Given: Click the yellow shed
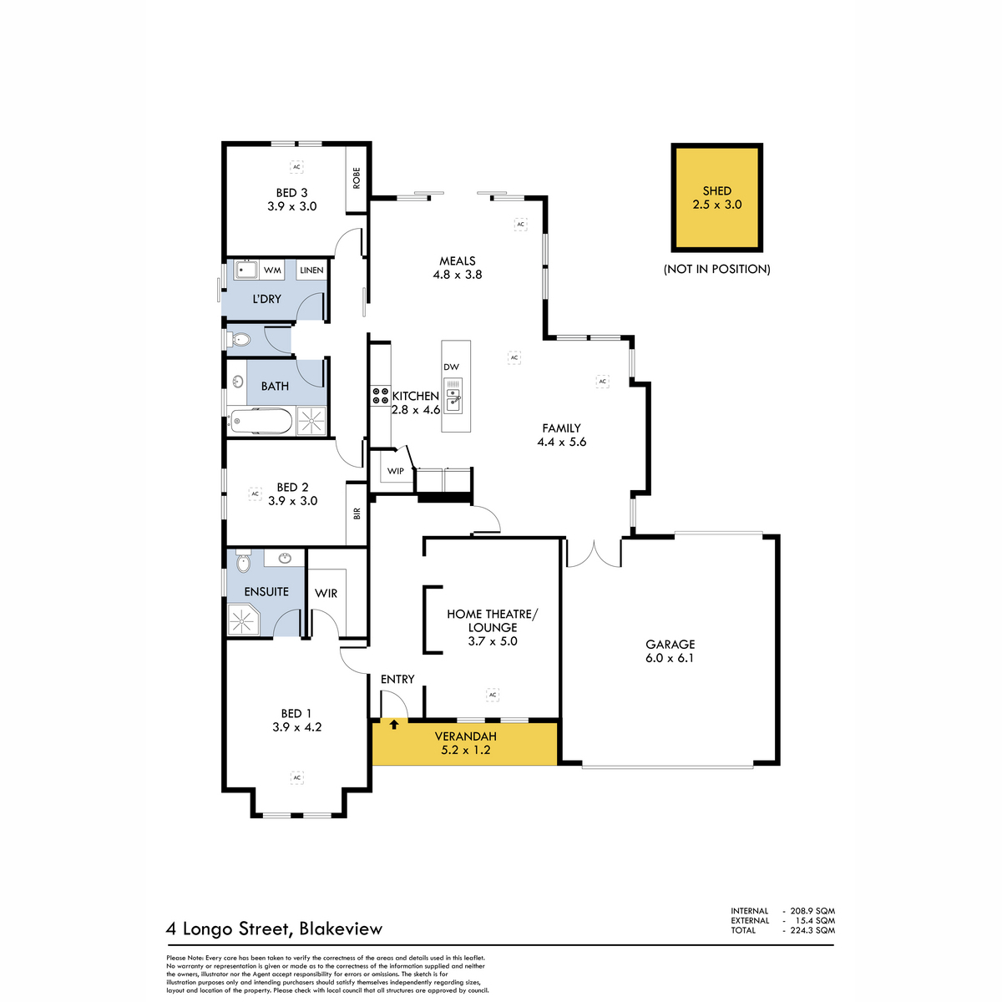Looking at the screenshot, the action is tap(716, 198).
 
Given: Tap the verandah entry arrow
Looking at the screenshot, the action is tap(393, 724).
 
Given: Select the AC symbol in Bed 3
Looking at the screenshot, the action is tap(296, 167).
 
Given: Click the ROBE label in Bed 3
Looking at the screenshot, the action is tap(357, 178).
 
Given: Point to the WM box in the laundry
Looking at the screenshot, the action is tap(272, 270).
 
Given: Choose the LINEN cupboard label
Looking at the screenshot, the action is tap(311, 270).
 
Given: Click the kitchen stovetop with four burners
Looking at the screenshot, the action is tap(380, 395).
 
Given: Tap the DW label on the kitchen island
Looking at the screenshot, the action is tap(452, 367).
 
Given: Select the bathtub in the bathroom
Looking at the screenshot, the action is tap(261, 422).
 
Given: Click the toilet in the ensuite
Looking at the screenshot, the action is tap(243, 562).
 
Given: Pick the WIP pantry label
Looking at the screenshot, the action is tap(396, 471).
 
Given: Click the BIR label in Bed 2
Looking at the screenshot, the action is tap(357, 514).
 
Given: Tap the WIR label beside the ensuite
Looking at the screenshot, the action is tap(326, 594).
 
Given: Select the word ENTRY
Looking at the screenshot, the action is tap(397, 679).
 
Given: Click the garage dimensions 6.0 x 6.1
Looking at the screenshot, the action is tap(670, 658).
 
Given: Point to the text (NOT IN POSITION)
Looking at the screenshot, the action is tap(716, 269).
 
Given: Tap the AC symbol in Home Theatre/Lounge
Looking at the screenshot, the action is tap(493, 694).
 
